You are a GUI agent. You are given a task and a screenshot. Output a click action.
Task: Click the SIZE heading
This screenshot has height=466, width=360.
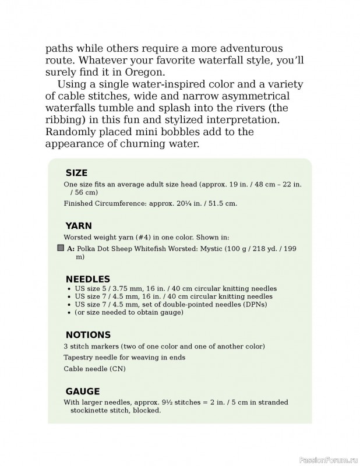click(76, 173)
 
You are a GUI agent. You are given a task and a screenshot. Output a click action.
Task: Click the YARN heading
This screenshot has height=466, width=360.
click(79, 226)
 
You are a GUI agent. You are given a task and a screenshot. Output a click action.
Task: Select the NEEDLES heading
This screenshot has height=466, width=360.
click(87, 279)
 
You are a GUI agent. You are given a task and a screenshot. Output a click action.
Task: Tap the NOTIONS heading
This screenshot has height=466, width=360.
click(88, 335)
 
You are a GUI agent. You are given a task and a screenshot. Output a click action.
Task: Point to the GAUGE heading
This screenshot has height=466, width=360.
click(82, 391)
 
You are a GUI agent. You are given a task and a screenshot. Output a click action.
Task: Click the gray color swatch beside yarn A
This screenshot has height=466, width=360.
click(60, 248)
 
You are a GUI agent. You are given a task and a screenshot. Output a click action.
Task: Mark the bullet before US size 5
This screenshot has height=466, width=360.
click(69, 289)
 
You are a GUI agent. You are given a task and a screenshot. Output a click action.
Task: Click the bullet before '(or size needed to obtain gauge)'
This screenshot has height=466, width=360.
click(69, 313)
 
